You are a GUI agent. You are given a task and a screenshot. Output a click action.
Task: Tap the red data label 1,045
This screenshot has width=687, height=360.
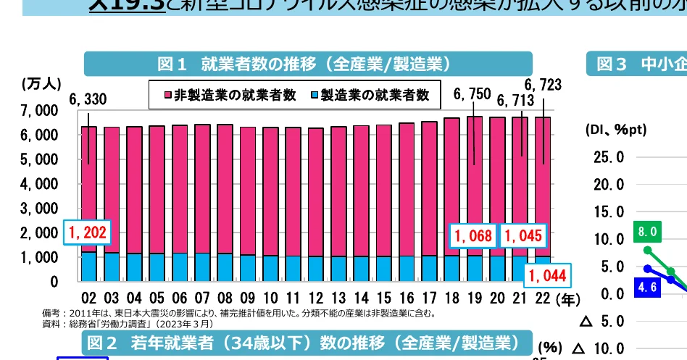click(x=522, y=235)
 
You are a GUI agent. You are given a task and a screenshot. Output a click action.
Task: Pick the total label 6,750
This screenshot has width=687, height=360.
click(x=472, y=93)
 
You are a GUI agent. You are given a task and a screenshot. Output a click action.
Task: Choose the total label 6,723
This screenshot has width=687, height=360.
click(x=543, y=85)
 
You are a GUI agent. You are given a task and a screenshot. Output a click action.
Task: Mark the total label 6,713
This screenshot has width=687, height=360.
click(x=515, y=100)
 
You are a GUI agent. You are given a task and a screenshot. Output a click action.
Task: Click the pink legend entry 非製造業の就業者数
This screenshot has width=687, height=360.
click(x=225, y=94)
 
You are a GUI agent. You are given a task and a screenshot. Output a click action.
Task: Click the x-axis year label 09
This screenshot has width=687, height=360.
click(x=247, y=298)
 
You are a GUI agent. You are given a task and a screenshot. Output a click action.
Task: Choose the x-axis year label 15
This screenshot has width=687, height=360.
click(x=383, y=298)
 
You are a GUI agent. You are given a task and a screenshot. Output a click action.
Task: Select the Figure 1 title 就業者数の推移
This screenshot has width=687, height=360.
click(x=308, y=64)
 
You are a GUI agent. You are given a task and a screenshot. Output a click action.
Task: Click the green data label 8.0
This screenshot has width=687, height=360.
click(x=647, y=232)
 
